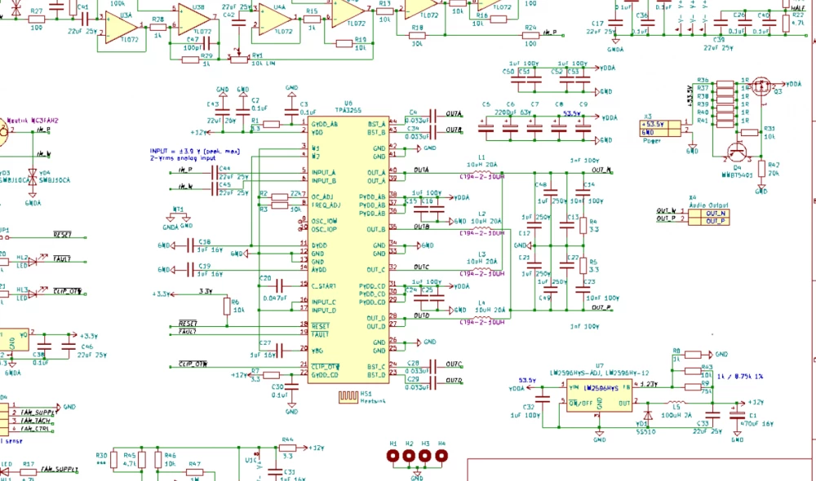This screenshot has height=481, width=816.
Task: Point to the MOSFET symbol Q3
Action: pyautogui.click(x=761, y=86)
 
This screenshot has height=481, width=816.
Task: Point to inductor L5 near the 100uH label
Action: pyautogui.click(x=676, y=403)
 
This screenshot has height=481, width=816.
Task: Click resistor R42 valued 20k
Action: pyautogui.click(x=761, y=169)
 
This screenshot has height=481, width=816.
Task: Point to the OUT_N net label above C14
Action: pyautogui.click(x=601, y=170)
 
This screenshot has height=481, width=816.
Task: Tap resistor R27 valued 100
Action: pyautogui.click(x=37, y=19)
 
